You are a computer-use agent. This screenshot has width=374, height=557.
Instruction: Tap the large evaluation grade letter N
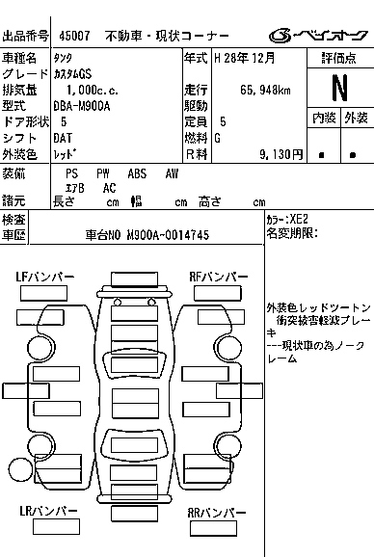coord(338,88)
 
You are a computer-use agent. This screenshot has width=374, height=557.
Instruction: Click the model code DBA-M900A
coord(86,106)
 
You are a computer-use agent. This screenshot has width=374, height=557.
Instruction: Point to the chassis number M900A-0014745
coord(159,235)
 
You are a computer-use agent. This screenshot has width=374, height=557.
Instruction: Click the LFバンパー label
coord(45,278)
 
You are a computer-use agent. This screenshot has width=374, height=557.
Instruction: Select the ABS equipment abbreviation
coord(137,173)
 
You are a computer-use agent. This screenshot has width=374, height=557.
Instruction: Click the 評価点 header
coord(338,58)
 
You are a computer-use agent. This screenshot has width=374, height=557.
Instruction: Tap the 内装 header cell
coord(324,118)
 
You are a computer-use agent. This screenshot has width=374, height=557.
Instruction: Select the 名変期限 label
coord(291,234)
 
